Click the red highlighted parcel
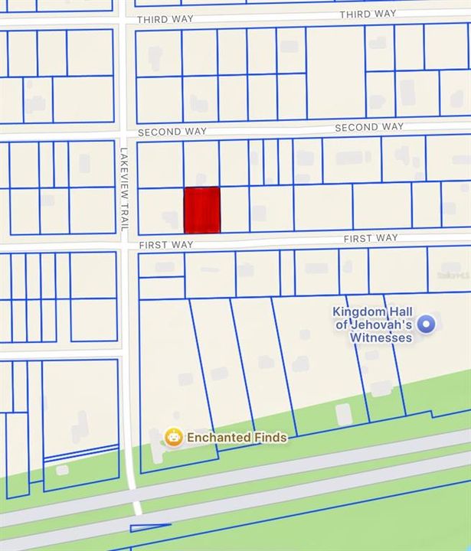click(202, 210)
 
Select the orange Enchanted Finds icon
click(174, 437)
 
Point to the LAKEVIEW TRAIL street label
click(123, 189)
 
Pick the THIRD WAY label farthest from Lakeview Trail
click(368, 15)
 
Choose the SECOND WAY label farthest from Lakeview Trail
click(369, 127)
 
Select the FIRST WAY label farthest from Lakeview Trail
click(371, 239)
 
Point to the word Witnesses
click(381, 337)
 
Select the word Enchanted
click(218, 438)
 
